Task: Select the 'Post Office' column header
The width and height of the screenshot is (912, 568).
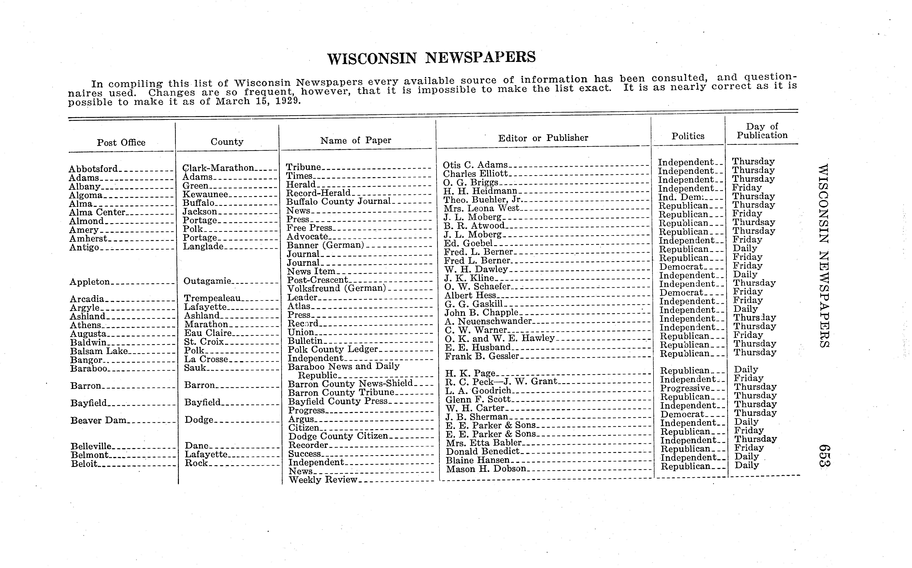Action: click(x=121, y=142)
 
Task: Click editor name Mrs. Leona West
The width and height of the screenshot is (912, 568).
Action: click(x=481, y=208)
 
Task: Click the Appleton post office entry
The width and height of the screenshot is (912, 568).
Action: click(x=90, y=282)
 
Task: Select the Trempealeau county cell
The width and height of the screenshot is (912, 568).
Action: click(x=212, y=298)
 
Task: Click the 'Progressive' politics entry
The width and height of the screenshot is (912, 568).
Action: click(x=685, y=388)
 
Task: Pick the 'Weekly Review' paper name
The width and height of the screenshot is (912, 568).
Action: click(x=323, y=480)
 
